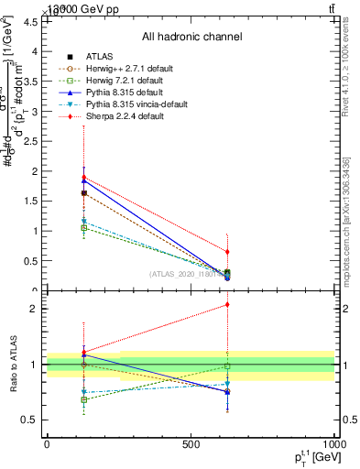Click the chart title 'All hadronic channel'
point(191,37)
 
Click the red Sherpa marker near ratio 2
point(227,305)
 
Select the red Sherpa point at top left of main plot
point(83,178)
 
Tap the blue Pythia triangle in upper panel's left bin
point(83,181)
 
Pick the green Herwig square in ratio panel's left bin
point(83,399)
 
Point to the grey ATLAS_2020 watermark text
point(183,273)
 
